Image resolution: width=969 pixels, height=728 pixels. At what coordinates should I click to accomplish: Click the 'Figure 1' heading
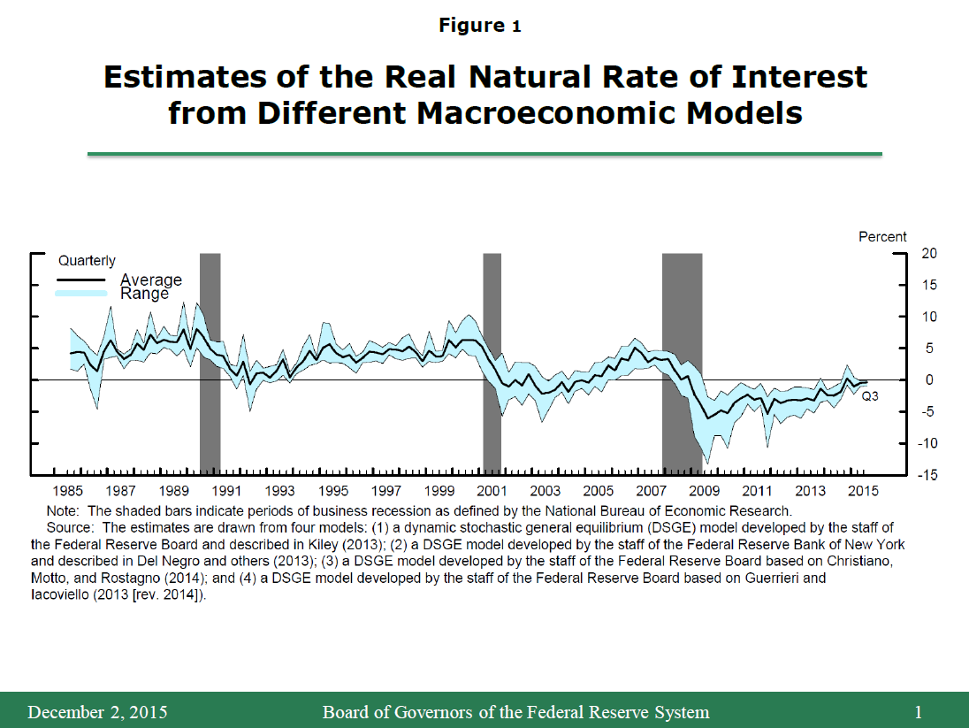coord(479,26)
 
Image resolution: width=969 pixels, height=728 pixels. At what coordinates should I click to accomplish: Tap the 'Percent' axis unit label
coord(882,236)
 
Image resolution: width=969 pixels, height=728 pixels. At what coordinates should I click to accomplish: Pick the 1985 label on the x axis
coord(68,491)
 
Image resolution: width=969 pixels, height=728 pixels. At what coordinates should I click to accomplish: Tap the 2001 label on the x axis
coord(492,491)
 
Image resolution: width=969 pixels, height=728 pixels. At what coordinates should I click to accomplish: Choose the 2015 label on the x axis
coord(863,491)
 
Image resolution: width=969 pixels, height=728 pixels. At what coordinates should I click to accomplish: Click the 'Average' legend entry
coord(150,280)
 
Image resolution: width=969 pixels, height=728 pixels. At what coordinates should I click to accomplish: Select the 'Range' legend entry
coord(144,293)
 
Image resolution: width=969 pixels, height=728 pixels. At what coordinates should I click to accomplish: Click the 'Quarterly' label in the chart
coord(87,261)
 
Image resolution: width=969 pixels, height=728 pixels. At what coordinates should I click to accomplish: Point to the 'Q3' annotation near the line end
coord(870,396)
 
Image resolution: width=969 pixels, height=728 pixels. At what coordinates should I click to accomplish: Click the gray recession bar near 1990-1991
coord(210,363)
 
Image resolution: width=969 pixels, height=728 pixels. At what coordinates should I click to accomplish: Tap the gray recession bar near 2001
coord(492,363)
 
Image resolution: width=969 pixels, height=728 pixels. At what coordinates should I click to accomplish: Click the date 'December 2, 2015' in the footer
coord(97,712)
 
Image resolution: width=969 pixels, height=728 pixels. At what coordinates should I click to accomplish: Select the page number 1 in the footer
coord(919,712)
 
